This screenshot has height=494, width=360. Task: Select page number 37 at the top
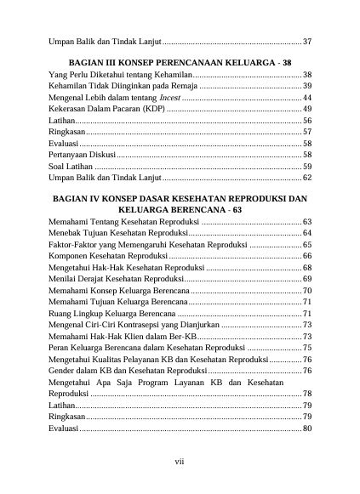[307, 41]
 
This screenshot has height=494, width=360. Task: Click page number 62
[307, 179]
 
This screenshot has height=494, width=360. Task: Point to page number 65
[307, 244]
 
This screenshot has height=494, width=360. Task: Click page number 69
[307, 278]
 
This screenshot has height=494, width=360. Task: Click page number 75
[307, 348]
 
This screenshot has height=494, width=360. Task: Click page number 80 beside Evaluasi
[307, 429]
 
